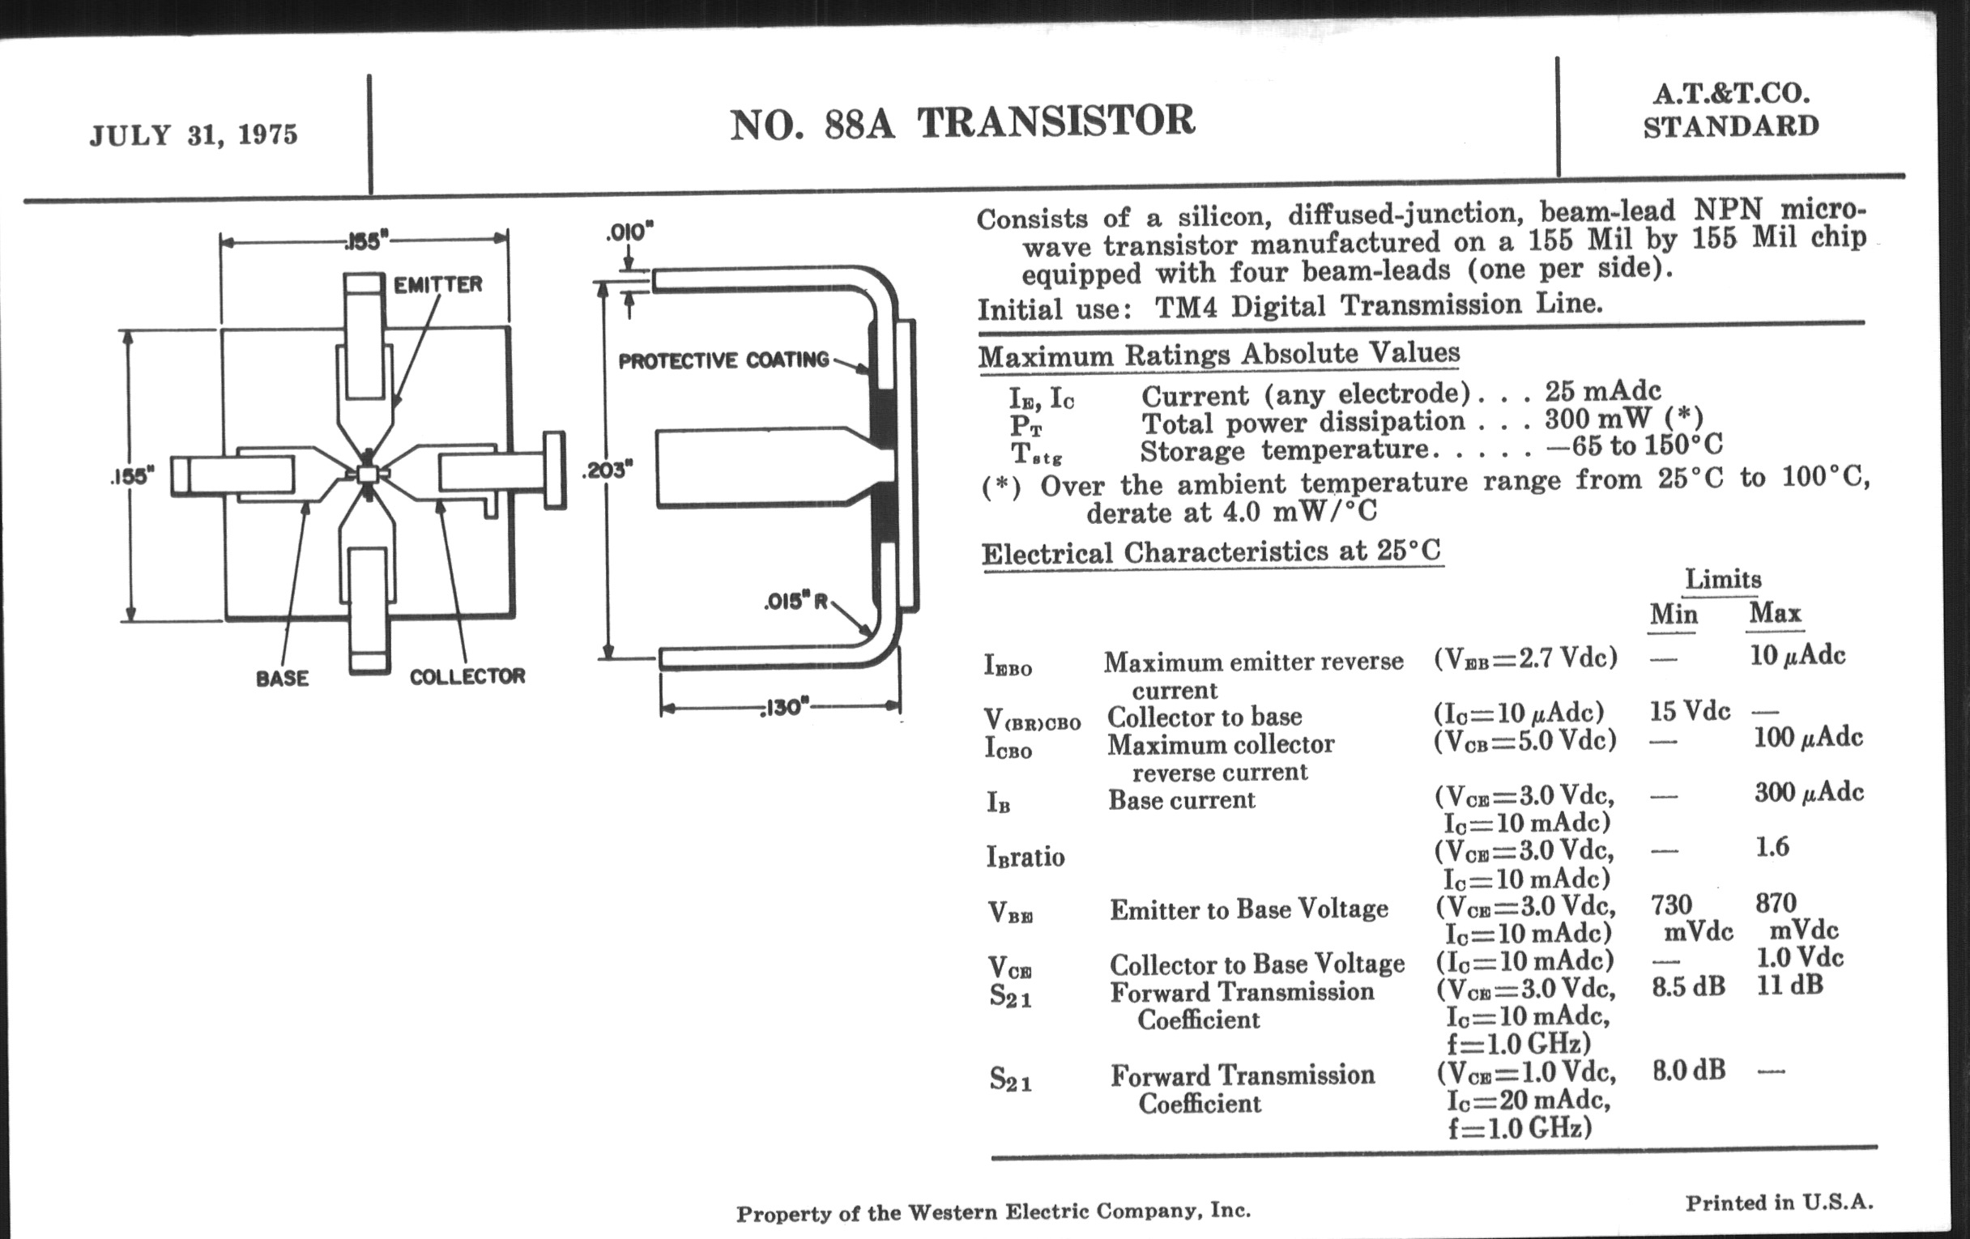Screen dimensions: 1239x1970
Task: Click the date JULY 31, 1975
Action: (194, 135)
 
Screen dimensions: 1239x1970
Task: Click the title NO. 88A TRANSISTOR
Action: (962, 122)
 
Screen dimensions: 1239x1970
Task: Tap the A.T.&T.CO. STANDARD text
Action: (1731, 111)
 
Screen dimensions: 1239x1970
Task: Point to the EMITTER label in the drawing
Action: (437, 284)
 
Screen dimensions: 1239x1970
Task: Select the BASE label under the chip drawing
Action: (282, 678)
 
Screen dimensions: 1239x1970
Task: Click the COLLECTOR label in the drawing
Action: (467, 676)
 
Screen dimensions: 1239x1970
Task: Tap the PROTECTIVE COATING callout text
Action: (723, 360)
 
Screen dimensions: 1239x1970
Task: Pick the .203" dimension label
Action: (608, 470)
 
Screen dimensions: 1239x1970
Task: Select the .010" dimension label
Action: (630, 233)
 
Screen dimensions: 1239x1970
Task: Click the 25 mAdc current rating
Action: (1603, 390)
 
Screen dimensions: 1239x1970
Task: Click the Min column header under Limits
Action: (1673, 614)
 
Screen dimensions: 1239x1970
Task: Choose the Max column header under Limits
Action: (1776, 612)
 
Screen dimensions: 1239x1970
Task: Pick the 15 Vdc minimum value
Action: (1690, 712)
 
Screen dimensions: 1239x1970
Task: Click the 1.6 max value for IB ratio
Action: (1772, 846)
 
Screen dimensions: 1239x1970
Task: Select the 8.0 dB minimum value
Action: (1689, 1070)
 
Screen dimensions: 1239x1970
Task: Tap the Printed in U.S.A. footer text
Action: (1779, 1203)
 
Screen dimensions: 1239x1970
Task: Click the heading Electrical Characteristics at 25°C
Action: (1211, 552)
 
